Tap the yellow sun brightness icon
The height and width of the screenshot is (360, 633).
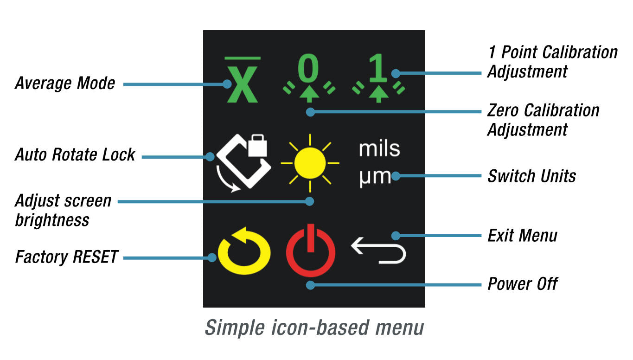click(310, 163)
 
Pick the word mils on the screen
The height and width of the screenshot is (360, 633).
click(379, 149)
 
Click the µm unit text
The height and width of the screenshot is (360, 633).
click(375, 177)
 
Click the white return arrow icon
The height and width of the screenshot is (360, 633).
click(378, 251)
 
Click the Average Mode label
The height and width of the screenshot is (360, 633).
click(65, 84)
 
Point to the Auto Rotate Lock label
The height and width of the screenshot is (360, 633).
click(75, 154)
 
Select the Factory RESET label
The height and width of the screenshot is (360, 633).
click(67, 257)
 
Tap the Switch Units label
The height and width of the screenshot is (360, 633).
click(532, 176)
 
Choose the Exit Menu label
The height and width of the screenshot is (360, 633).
click(522, 236)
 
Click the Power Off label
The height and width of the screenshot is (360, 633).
click(522, 284)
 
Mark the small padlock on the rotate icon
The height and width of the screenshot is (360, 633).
click(257, 146)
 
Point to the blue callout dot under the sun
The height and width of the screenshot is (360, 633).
click(310, 201)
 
